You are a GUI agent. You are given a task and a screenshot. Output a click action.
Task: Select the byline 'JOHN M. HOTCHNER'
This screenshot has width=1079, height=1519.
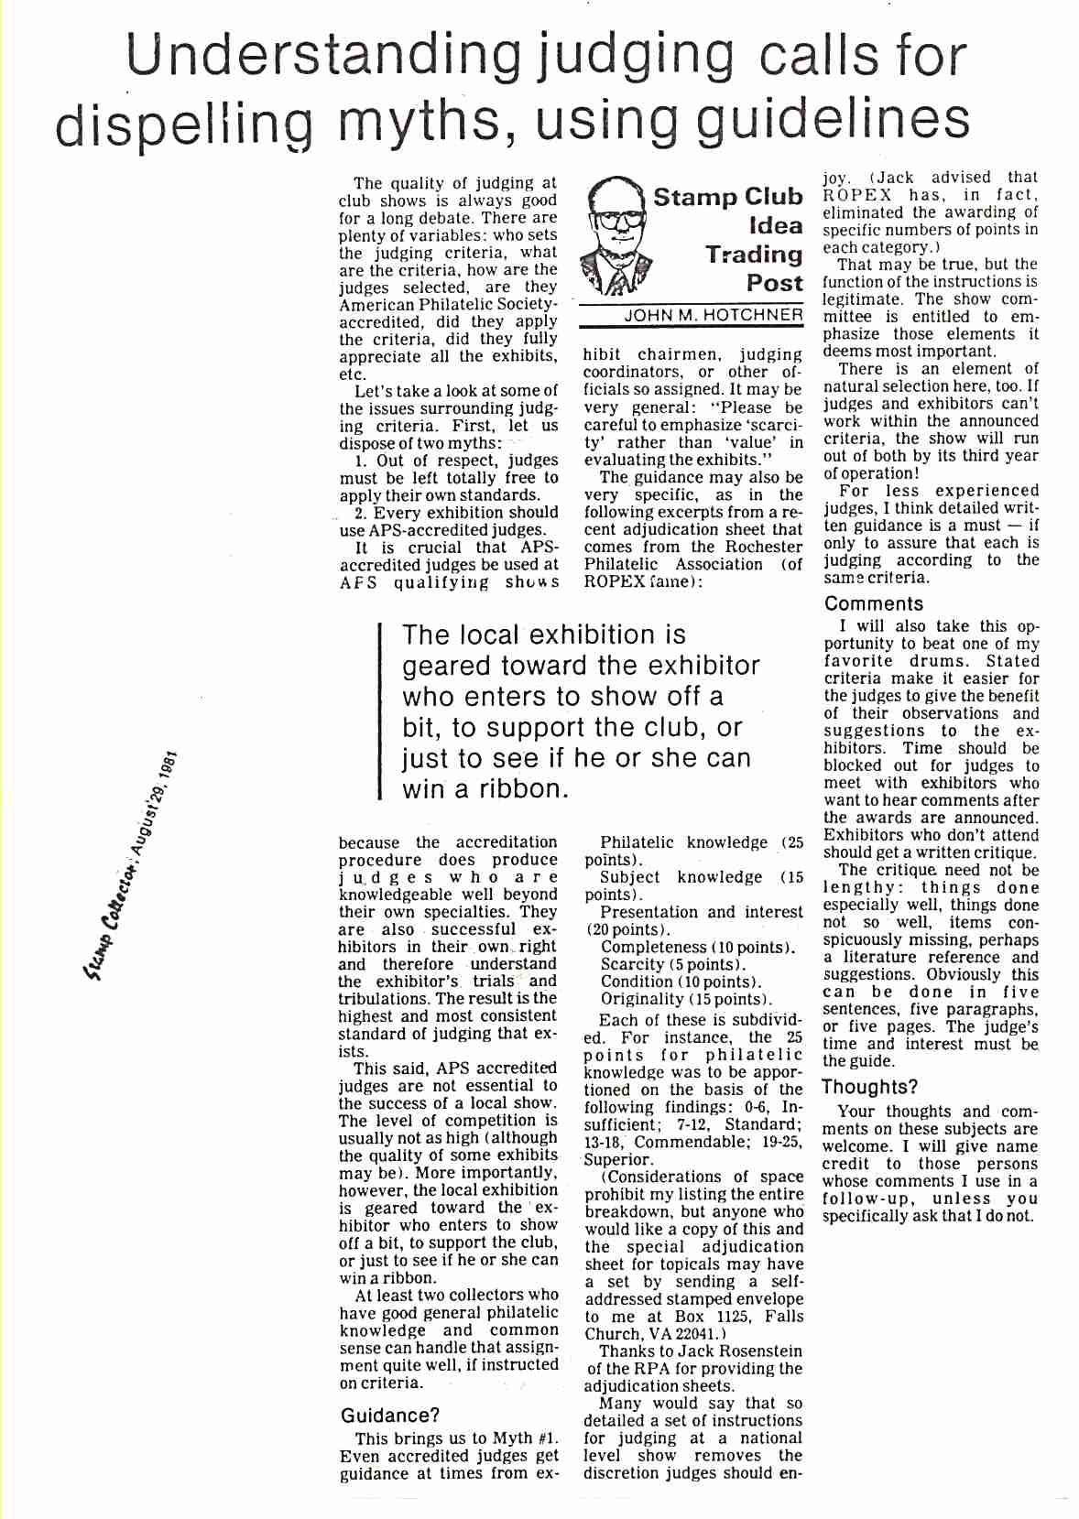tap(714, 316)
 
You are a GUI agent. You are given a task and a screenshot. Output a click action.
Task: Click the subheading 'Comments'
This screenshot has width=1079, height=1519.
tap(874, 604)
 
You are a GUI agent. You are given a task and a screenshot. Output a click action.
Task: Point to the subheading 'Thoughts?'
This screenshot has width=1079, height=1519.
tap(869, 1088)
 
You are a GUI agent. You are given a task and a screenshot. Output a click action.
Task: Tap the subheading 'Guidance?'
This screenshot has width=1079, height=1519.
tap(389, 1415)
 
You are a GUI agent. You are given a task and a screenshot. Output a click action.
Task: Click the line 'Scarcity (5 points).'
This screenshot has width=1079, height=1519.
tap(673, 964)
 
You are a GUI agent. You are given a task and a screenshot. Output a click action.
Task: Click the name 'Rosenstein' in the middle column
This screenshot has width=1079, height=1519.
tap(760, 1351)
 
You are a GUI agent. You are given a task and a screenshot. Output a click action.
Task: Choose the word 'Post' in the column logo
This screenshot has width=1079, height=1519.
tap(774, 283)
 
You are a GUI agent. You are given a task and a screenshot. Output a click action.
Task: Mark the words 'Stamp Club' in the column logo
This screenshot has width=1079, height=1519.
tap(727, 197)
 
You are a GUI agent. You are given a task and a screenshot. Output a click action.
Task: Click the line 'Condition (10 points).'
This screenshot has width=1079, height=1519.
tap(677, 982)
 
